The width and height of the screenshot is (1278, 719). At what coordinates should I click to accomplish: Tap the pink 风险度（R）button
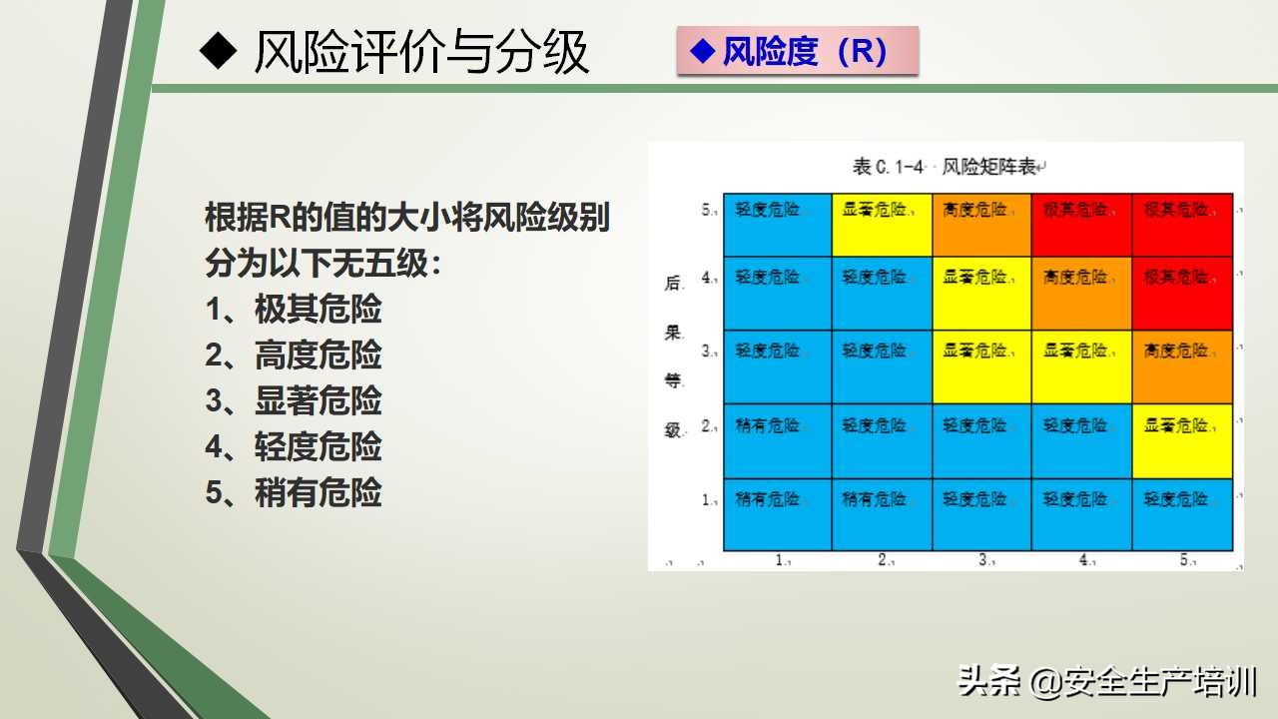(x=796, y=51)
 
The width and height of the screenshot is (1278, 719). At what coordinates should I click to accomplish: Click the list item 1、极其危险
(x=294, y=310)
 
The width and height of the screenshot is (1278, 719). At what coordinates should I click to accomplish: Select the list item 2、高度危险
(x=294, y=356)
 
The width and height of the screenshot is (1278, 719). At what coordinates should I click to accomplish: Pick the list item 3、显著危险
(x=294, y=401)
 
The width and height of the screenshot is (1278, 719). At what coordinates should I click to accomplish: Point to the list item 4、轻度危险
(x=294, y=447)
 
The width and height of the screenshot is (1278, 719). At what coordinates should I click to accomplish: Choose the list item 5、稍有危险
(x=294, y=493)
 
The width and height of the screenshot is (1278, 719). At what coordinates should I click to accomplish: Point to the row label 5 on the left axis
(x=708, y=211)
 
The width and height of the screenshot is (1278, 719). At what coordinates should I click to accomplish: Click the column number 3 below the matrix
(x=983, y=560)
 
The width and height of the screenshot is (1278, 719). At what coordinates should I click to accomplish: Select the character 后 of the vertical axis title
(x=673, y=284)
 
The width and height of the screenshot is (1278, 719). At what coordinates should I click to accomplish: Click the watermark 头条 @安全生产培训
(x=1107, y=682)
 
